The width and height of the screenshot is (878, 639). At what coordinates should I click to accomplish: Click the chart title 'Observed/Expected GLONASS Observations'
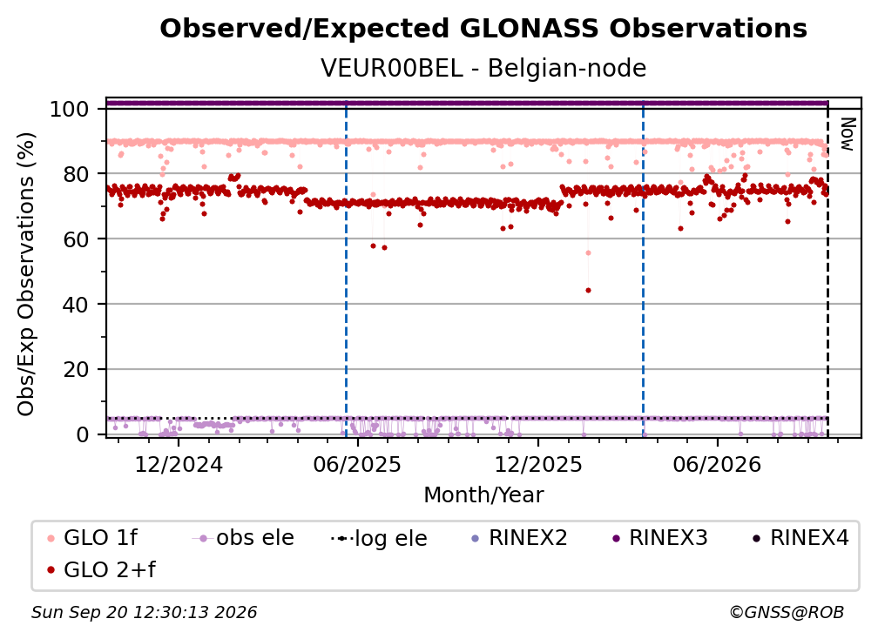click(x=483, y=29)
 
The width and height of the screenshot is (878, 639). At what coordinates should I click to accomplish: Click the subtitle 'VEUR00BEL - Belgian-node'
click(x=483, y=68)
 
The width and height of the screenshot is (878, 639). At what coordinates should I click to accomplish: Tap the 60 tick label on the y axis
click(x=76, y=239)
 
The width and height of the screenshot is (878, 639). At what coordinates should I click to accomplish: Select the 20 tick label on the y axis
click(x=76, y=369)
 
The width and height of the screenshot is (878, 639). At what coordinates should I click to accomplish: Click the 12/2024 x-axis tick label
click(x=179, y=465)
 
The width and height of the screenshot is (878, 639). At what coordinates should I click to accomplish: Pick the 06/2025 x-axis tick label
click(x=357, y=465)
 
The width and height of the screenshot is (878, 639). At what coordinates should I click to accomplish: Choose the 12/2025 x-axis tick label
click(x=538, y=465)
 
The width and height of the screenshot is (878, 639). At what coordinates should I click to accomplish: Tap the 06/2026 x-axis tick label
click(x=718, y=465)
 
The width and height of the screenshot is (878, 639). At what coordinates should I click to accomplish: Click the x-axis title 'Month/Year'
click(x=483, y=495)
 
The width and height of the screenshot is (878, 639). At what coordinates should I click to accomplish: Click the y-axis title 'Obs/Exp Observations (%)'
click(x=26, y=274)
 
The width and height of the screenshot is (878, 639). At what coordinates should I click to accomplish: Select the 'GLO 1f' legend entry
click(x=92, y=538)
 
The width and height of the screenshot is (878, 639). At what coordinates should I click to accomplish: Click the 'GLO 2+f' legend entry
click(x=101, y=570)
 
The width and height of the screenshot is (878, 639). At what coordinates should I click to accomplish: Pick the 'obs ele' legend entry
click(x=243, y=538)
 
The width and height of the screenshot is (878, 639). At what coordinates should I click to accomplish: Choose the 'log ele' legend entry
click(x=379, y=538)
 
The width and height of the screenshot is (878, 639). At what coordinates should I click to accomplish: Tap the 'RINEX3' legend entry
click(x=661, y=538)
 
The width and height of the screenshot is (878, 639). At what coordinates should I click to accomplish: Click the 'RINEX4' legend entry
click(x=801, y=538)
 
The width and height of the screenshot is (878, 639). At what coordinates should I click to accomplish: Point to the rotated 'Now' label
click(x=848, y=134)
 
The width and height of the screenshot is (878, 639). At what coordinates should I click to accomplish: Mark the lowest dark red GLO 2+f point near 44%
click(x=588, y=291)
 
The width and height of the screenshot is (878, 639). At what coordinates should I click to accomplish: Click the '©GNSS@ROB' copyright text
click(x=787, y=613)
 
